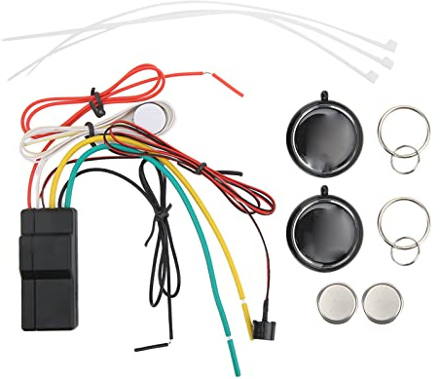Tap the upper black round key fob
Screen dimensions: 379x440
326,136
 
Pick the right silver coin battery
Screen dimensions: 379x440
382,303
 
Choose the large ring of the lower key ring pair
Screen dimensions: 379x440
402,221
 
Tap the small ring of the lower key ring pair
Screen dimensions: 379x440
405,250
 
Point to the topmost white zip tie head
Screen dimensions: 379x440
389,45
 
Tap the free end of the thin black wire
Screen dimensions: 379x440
138,346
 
